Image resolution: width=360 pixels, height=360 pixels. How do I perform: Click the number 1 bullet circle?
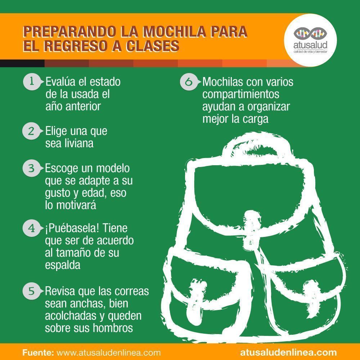coord(31,82)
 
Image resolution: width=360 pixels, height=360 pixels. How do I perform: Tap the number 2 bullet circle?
coord(31,131)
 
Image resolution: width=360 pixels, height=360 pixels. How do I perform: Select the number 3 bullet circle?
coord(31,168)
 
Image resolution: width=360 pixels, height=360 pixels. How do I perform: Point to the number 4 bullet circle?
coord(31,229)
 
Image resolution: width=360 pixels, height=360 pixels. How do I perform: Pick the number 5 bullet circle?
coord(31,291)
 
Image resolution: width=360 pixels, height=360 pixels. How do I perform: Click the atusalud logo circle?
coord(310,40)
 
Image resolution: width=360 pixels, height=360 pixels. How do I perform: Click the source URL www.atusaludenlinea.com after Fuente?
coord(109,352)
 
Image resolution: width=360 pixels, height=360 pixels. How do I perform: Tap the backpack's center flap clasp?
coord(251,224)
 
